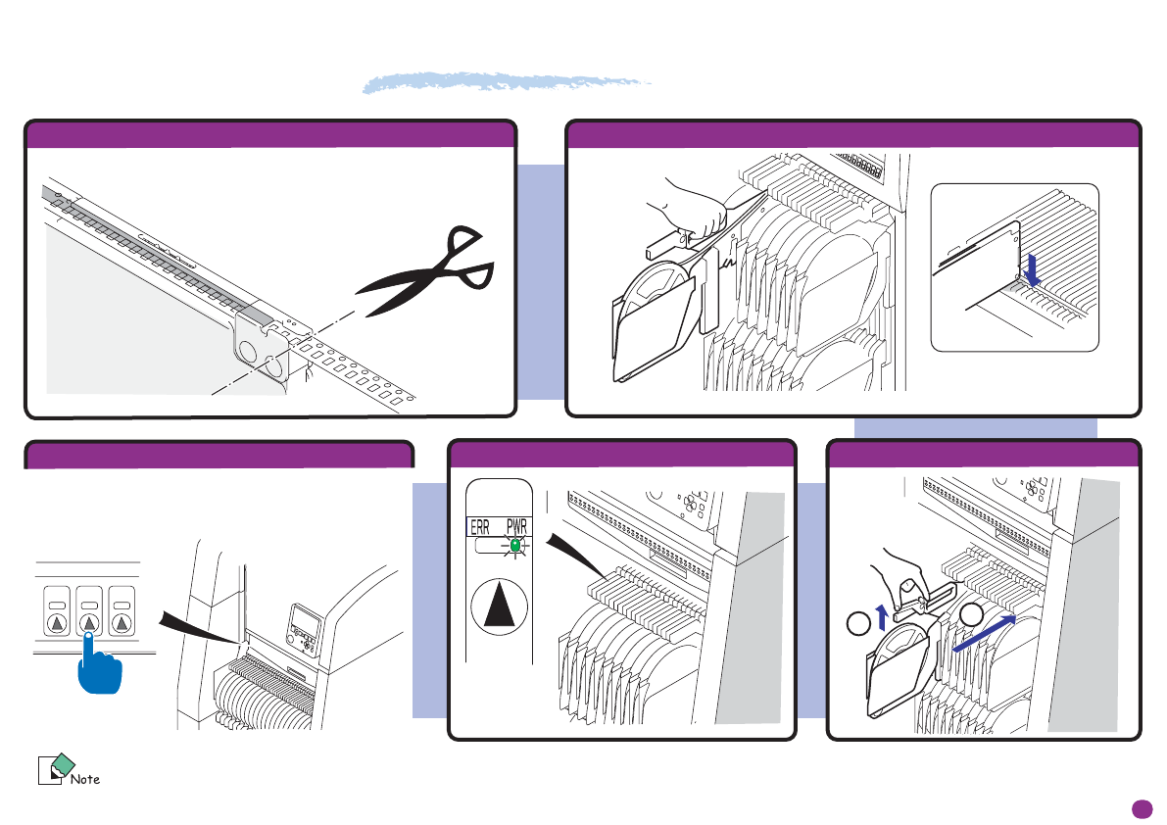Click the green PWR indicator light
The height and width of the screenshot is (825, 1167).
click(515, 542)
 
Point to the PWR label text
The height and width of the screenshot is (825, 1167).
click(516, 527)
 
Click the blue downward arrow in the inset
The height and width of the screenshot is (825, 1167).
click(1031, 268)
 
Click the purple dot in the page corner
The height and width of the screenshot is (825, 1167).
click(1140, 808)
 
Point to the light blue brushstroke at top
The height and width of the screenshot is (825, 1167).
click(506, 83)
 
